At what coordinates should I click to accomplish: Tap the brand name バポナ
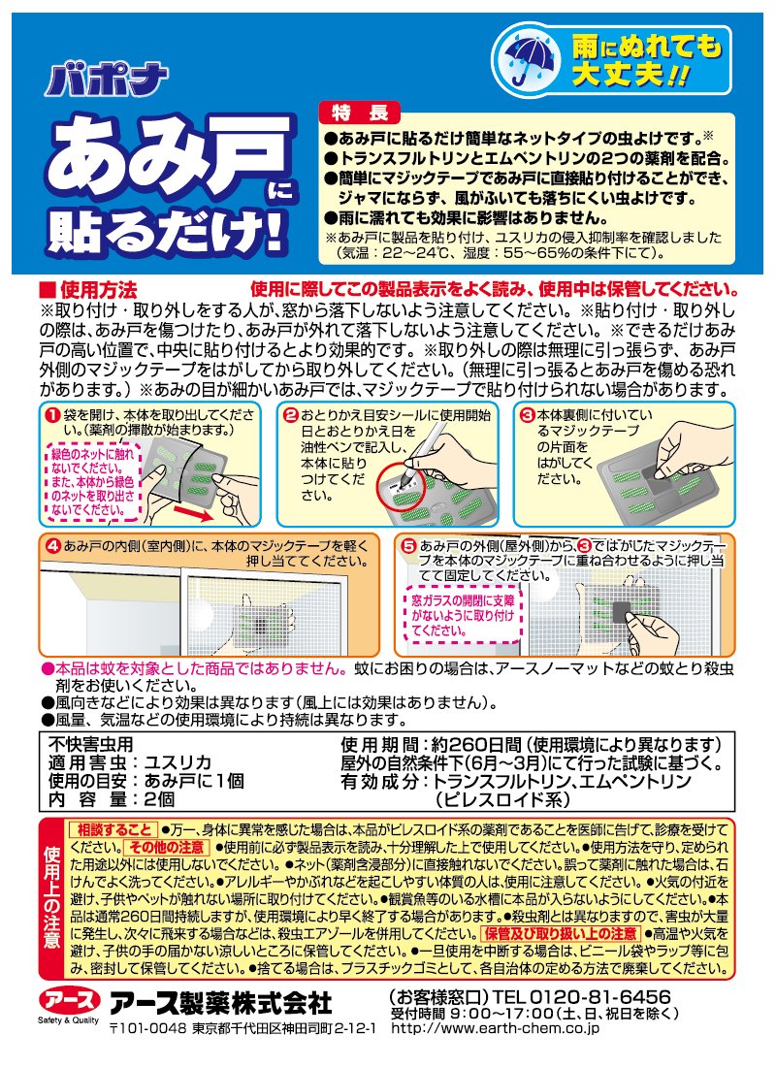click(106, 81)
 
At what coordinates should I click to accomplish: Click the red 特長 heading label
click(360, 113)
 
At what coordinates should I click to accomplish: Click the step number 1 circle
click(51, 414)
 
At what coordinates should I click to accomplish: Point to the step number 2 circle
click(291, 414)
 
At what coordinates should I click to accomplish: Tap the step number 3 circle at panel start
click(527, 414)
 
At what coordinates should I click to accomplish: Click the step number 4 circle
click(52, 546)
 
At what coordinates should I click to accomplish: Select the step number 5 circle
click(408, 546)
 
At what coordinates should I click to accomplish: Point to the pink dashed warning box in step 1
click(94, 482)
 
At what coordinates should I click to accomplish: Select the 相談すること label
click(113, 829)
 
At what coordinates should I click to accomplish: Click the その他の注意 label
click(167, 847)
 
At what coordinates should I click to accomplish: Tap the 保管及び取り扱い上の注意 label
click(561, 933)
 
